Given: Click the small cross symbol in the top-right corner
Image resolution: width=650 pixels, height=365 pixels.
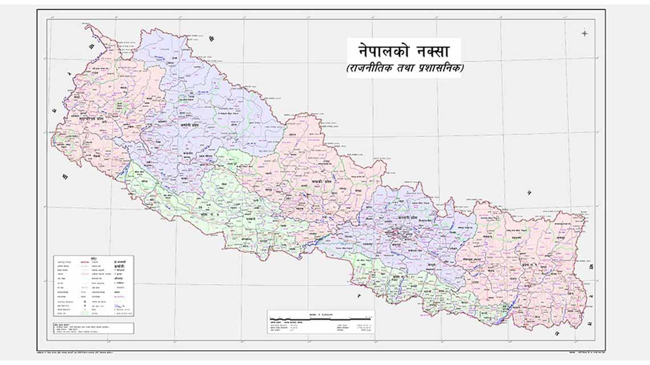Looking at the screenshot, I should click(584, 33).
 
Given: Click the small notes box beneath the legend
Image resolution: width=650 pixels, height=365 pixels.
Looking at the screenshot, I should click(93, 327).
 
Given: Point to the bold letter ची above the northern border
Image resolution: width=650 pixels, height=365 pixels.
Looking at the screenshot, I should click(212, 38).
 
